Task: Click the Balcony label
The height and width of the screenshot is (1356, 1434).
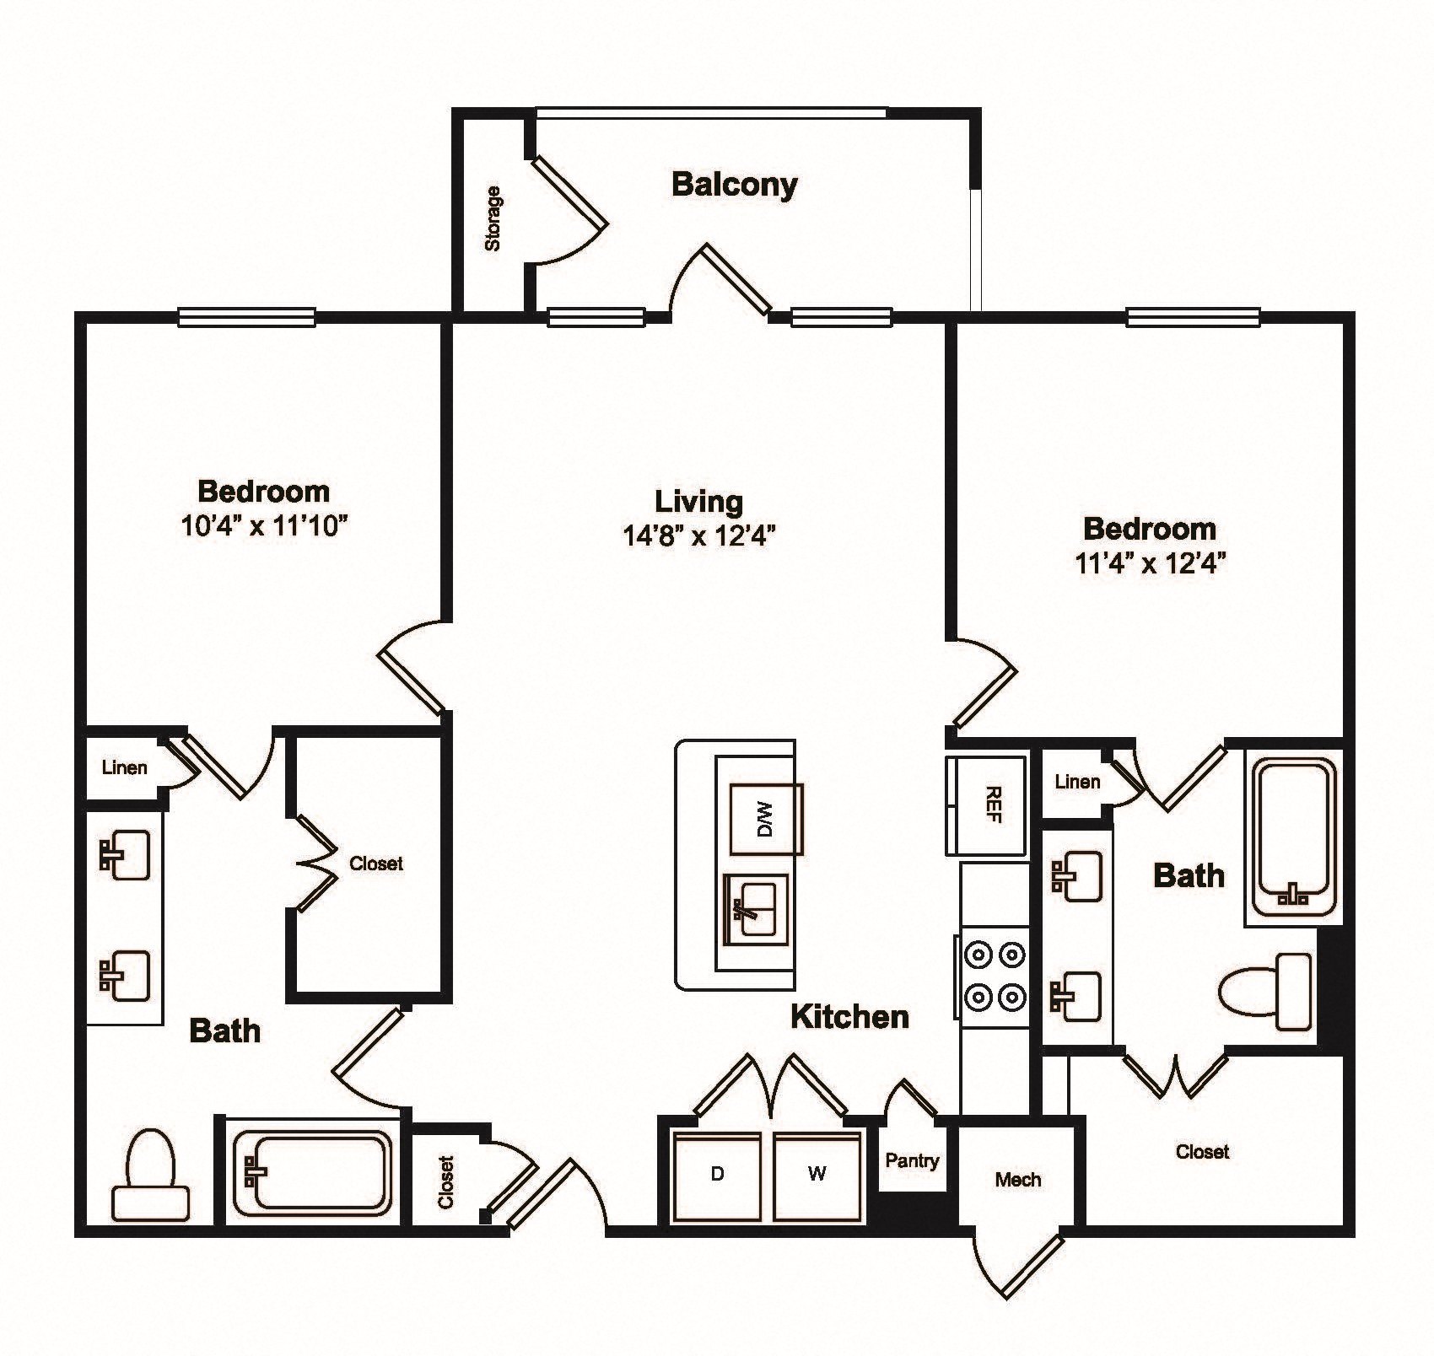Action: [x=734, y=185]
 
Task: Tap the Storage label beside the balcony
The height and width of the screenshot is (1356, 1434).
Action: [x=493, y=218]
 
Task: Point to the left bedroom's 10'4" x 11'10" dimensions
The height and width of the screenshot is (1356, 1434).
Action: [x=264, y=526]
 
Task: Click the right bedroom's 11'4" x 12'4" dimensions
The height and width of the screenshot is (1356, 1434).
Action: [x=1150, y=562]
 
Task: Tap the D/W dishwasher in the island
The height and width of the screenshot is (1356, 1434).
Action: [x=766, y=819]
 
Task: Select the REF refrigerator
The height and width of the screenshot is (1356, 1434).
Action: [x=987, y=806]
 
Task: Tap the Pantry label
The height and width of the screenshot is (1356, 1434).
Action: [x=912, y=1160]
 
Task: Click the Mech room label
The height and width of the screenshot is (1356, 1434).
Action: [x=1017, y=1180]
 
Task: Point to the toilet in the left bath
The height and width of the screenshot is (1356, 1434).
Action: [x=151, y=1175]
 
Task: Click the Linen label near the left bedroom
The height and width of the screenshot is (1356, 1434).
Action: [x=125, y=768]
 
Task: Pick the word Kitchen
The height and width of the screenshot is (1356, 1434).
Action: [x=850, y=1016]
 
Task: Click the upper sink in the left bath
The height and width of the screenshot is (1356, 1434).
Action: [x=125, y=854]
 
